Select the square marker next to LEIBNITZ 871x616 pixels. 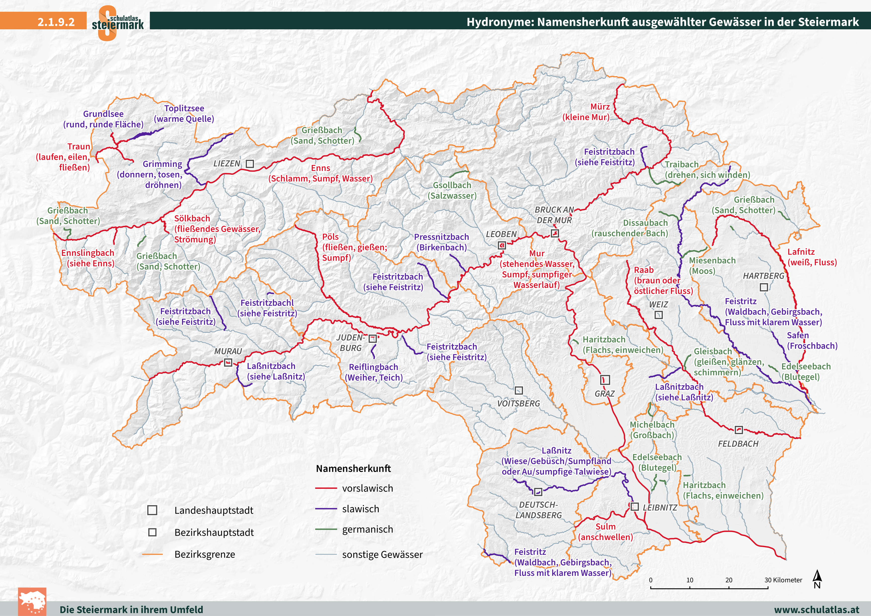[635, 506]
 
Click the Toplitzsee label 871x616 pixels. [184, 109]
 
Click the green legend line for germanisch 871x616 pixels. [326, 529]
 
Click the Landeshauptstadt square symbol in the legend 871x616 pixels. [152, 510]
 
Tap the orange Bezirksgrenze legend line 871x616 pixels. [152, 554]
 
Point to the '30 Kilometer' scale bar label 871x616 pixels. [783, 580]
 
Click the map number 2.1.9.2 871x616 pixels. [56, 22]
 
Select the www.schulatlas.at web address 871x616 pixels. [816, 610]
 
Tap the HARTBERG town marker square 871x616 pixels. [764, 287]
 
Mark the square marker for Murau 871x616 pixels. [228, 362]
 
